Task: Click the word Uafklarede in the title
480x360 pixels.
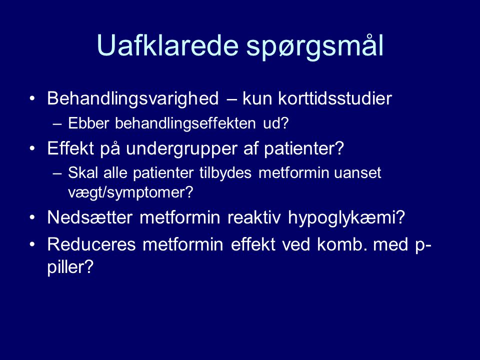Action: (x=167, y=45)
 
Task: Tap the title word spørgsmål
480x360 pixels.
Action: (x=315, y=46)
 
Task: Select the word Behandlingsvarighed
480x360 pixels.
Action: (x=133, y=99)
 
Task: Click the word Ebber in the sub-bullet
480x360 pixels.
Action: (x=88, y=123)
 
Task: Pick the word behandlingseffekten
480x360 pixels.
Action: (x=185, y=123)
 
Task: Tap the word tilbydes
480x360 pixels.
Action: (x=225, y=172)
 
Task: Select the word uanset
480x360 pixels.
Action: (x=357, y=173)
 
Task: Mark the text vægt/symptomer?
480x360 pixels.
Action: (x=130, y=192)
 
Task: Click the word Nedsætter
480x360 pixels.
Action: (x=90, y=217)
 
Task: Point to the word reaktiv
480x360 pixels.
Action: (x=254, y=217)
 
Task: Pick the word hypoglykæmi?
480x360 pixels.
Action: (x=346, y=218)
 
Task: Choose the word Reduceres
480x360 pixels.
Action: (x=91, y=244)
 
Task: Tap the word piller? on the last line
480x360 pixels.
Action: (x=70, y=267)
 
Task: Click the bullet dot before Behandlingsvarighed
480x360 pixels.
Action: (x=32, y=98)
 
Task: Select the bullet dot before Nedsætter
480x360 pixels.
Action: (x=32, y=217)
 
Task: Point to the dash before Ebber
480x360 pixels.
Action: (x=57, y=124)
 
